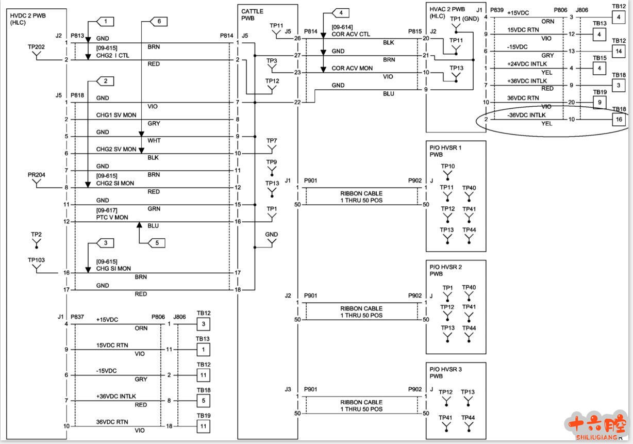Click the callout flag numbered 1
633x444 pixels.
click(106, 22)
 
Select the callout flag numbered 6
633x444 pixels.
click(159, 22)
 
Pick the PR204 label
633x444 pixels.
click(37, 175)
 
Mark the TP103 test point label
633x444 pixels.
click(37, 260)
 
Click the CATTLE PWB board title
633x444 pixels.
click(252, 14)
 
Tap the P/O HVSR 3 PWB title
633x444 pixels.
click(445, 372)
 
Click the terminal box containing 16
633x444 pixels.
click(619, 120)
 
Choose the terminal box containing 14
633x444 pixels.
click(619, 51)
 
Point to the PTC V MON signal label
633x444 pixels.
click(112, 218)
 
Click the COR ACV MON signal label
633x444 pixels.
click(352, 68)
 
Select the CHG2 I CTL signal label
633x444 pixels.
click(112, 55)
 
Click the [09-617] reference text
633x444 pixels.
click(107, 210)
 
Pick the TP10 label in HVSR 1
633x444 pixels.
click(447, 166)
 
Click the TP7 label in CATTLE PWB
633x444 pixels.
click(272, 141)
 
